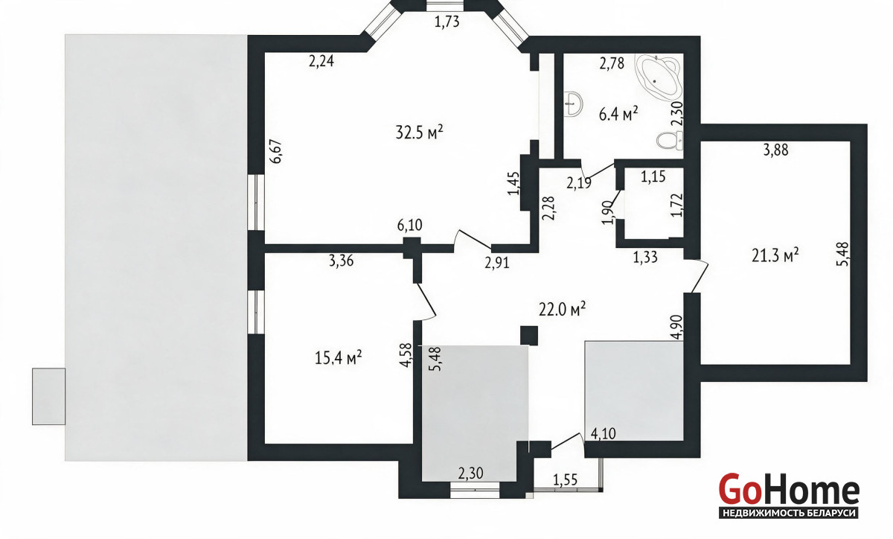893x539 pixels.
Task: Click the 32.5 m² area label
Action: pos(419,132)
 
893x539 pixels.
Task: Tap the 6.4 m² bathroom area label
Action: pos(618,115)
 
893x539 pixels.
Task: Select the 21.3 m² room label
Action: pos(775,255)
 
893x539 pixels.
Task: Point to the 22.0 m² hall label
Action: pos(562,309)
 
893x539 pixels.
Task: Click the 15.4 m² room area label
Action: pos(338,358)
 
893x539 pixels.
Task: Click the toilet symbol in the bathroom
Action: pos(669,141)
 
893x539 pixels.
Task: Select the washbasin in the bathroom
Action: pos(573,104)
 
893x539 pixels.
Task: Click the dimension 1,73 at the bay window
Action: pos(446,22)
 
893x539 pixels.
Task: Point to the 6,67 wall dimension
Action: pos(276,152)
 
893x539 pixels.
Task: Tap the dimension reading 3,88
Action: pos(775,150)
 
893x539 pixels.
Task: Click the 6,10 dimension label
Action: pos(409,226)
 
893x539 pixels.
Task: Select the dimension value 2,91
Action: pos(497,263)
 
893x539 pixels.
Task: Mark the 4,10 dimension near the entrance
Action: pos(603,434)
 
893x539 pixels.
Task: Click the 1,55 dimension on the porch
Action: pos(565,480)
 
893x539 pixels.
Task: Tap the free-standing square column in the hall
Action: pos(529,336)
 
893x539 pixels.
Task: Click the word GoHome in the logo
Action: pos(789,488)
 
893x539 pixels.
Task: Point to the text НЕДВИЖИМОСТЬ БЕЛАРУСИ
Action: pos(789,513)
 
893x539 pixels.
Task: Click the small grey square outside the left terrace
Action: pos(48,397)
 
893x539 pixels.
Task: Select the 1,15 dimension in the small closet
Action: pos(653,176)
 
